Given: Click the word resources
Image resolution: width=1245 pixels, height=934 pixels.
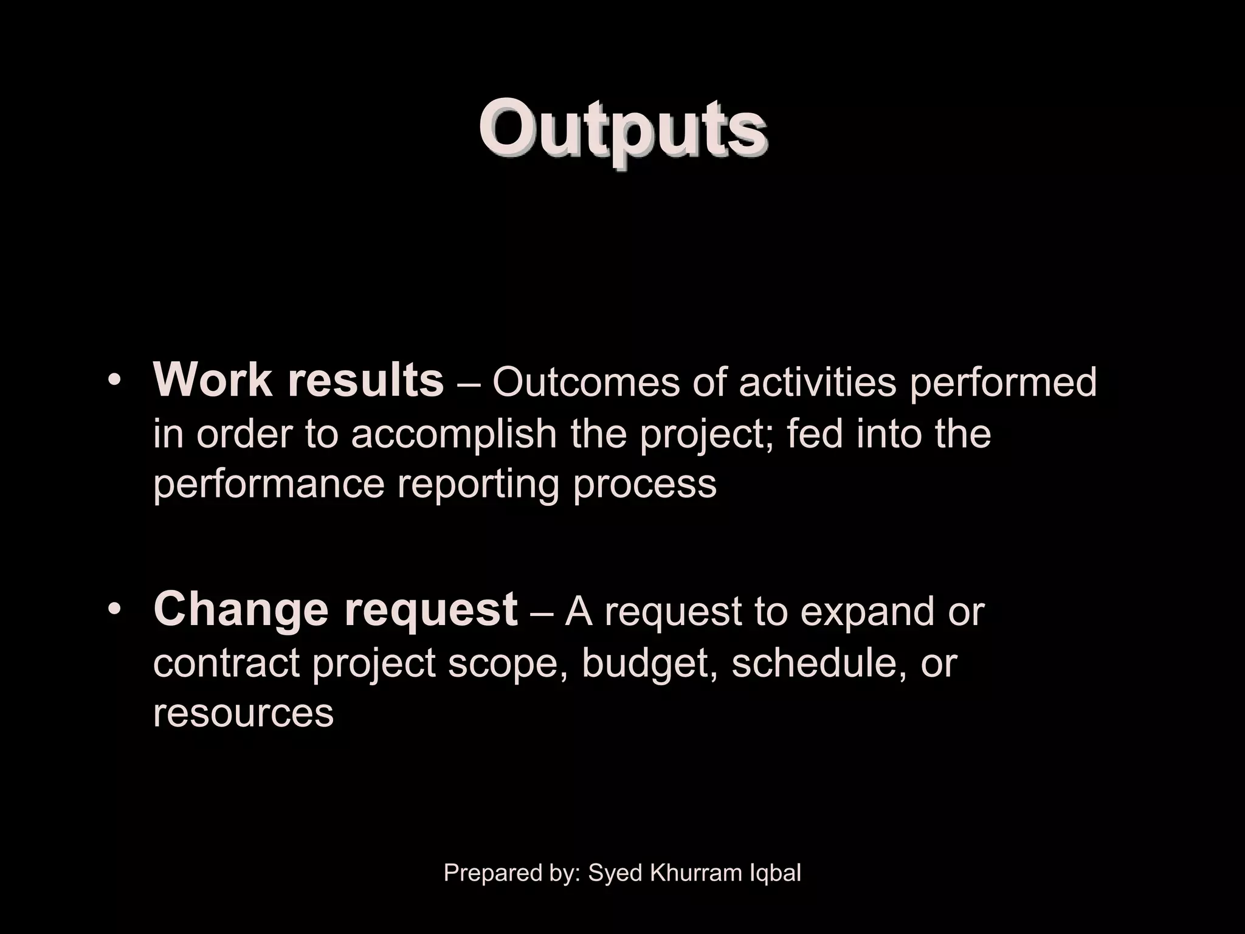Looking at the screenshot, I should [243, 714].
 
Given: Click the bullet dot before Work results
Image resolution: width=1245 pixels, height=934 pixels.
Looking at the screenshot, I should [114, 381].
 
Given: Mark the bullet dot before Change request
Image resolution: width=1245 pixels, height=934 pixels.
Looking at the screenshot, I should [114, 611].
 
